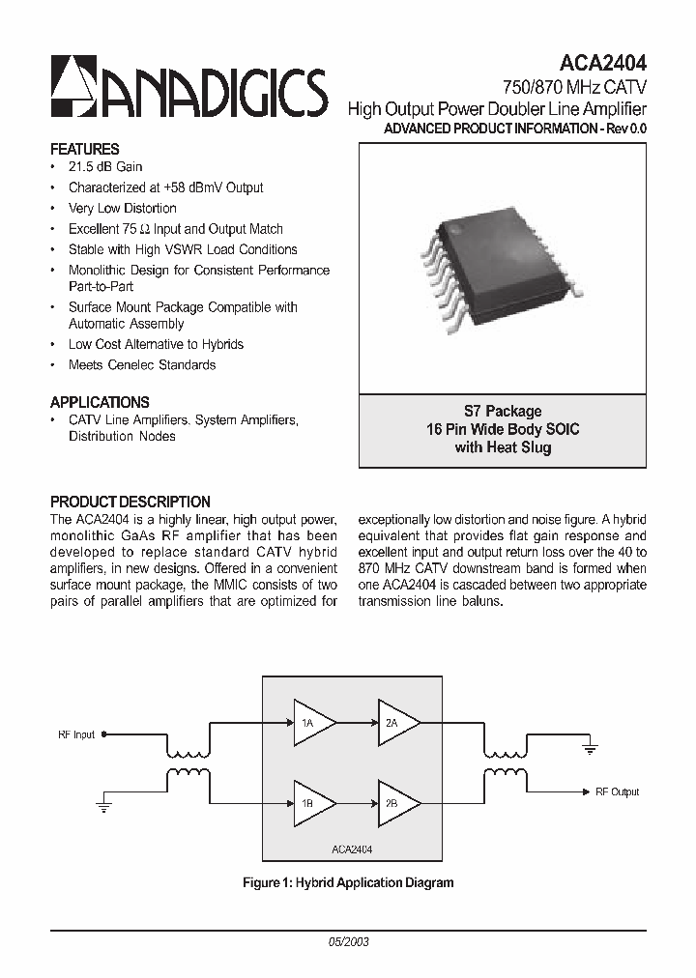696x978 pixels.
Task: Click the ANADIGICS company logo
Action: (x=189, y=88)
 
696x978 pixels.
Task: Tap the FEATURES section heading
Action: (x=85, y=149)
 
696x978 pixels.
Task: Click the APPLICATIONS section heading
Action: (x=100, y=402)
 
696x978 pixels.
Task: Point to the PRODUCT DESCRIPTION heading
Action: (x=130, y=502)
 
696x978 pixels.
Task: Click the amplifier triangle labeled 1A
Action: (x=312, y=723)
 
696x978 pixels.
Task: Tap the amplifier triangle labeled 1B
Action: (x=312, y=802)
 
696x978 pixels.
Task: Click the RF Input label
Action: (x=76, y=734)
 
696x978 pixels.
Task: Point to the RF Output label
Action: (x=617, y=791)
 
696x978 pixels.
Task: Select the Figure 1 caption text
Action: (x=348, y=882)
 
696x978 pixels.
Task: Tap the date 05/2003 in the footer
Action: (x=348, y=941)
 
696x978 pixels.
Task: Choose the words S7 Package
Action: (x=503, y=412)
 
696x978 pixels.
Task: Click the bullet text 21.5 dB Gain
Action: (x=105, y=167)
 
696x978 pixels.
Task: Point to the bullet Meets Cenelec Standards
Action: (x=142, y=365)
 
